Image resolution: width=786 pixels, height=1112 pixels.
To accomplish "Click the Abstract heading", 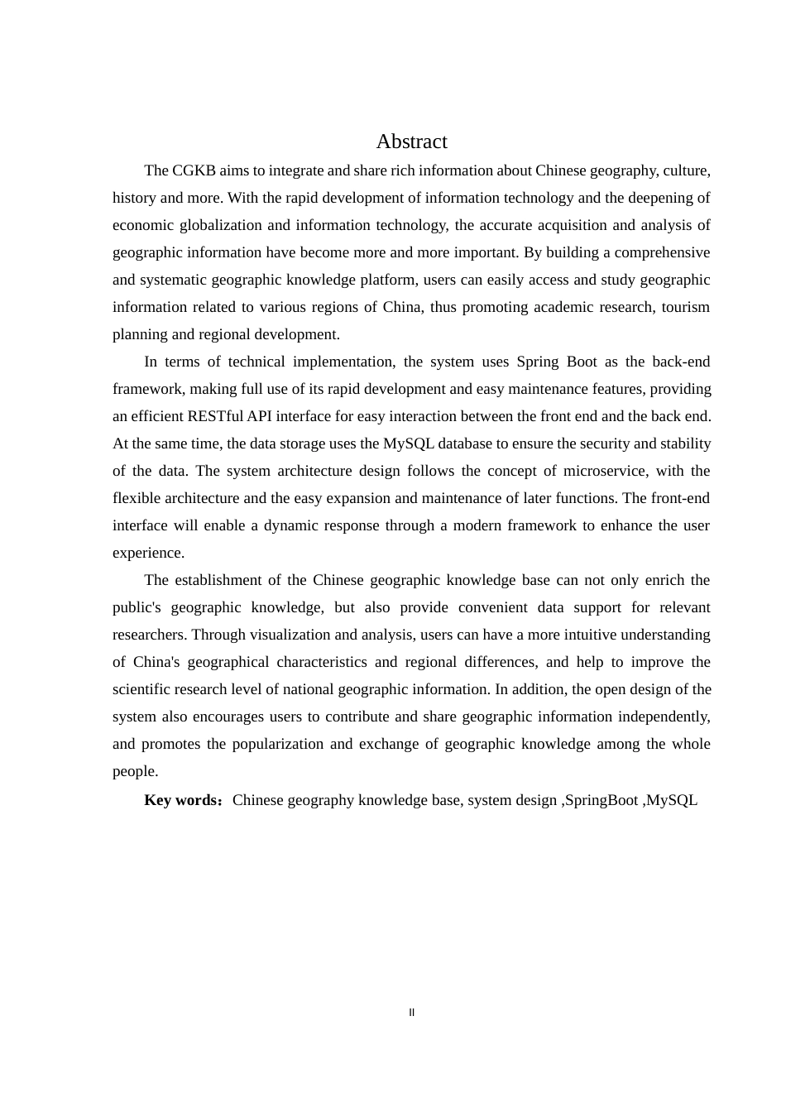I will (411, 141).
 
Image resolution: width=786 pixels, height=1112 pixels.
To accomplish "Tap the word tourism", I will (686, 307).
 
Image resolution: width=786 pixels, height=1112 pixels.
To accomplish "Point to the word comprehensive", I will (661, 252).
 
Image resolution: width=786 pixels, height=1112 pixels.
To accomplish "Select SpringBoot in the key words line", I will (601, 800).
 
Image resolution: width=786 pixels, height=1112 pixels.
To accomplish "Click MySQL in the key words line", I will (672, 800).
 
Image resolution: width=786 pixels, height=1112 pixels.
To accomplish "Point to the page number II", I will (411, 1012).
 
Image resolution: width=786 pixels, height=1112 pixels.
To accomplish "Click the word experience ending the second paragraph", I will (148, 553).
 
